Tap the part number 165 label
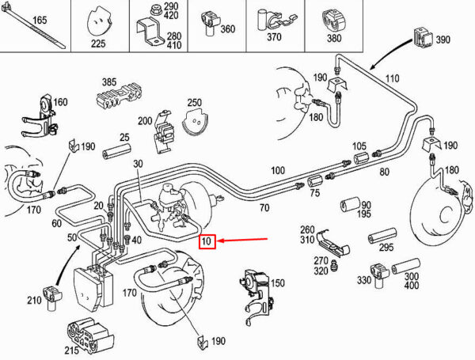tap(40, 20)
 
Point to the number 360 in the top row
tap(227, 29)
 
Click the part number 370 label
tap(275, 36)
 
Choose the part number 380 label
tap(334, 36)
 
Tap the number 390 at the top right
tap(442, 38)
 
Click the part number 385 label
tap(108, 81)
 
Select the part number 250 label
tap(195, 103)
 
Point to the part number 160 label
tap(60, 101)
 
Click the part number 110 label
tap(392, 78)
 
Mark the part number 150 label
tap(277, 282)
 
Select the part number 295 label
tap(386, 247)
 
